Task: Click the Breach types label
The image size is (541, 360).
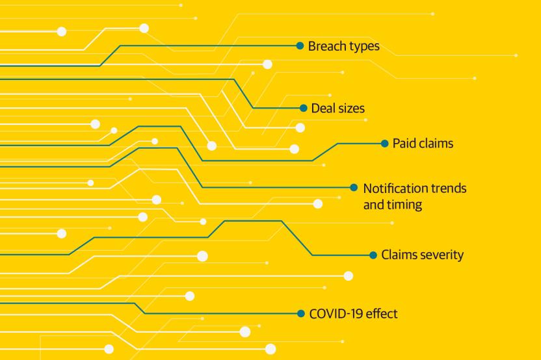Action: pyautogui.click(x=343, y=47)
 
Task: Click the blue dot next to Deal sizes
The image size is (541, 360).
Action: pyautogui.click(x=303, y=108)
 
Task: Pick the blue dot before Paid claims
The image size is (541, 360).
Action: pyautogui.click(x=384, y=143)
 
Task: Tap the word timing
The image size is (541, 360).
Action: pyautogui.click(x=404, y=204)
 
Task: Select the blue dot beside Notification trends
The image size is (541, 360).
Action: pyautogui.click(x=354, y=187)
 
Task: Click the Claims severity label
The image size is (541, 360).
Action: pyautogui.click(x=422, y=255)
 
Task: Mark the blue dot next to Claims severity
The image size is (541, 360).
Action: pyautogui.click(x=373, y=255)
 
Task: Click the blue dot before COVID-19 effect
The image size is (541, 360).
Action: pyautogui.click(x=300, y=313)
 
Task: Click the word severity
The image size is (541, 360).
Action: pyautogui.click(x=442, y=255)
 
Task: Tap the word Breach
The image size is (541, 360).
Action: pyautogui.click(x=326, y=47)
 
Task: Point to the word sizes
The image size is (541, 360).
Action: pyautogui.click(x=354, y=109)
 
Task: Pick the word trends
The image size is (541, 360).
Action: pyautogui.click(x=448, y=188)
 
